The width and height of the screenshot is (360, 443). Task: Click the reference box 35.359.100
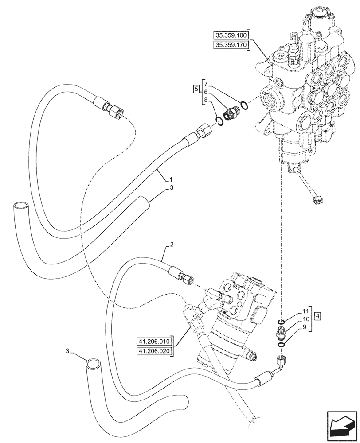(232, 35)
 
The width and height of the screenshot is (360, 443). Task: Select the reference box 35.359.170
(232, 45)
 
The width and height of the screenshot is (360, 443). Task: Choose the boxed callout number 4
(318, 316)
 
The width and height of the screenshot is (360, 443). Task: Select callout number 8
(206, 101)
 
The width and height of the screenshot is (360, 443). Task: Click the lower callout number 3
(67, 351)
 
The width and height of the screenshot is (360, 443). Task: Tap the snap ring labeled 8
(219, 121)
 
